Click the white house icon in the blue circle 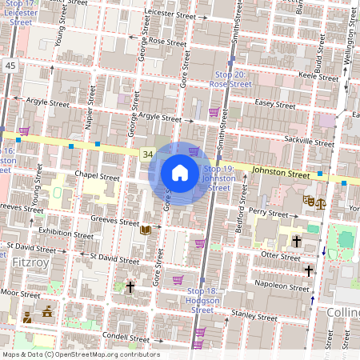180,173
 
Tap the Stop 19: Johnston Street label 218,178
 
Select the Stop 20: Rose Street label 230,79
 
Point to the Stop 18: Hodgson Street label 202,299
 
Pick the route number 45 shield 10,66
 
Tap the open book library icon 146,230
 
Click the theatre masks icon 308,201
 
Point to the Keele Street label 318,76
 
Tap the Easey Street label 274,104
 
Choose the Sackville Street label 308,141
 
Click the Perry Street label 268,214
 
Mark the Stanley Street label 247,314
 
